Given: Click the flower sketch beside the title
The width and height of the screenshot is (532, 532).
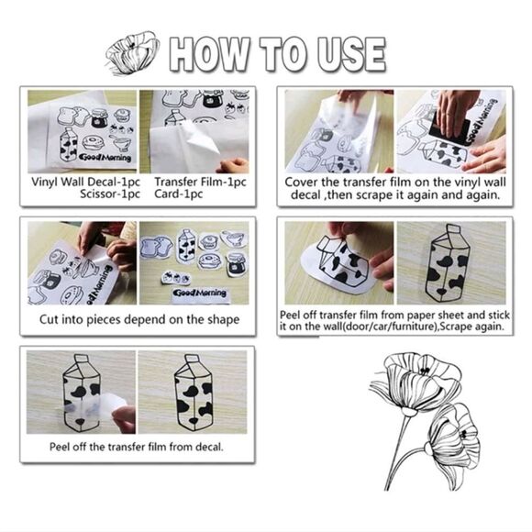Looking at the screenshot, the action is (132, 52).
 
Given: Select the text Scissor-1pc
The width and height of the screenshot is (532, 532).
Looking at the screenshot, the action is (109, 194).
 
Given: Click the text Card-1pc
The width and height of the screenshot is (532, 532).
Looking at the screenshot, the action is (179, 194).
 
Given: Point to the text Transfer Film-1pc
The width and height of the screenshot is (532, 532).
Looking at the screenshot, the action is (200, 182).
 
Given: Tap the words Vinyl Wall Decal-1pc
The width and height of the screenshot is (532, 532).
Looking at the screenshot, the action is (85, 182).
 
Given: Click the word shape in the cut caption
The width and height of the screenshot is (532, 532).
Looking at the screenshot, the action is (224, 320).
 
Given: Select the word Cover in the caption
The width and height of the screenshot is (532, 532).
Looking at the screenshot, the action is (301, 183).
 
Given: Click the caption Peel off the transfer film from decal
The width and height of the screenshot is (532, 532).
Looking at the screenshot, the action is (137, 447).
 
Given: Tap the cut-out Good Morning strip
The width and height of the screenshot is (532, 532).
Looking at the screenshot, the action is (200, 293).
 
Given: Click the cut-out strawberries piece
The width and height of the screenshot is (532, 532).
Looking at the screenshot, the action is (176, 278).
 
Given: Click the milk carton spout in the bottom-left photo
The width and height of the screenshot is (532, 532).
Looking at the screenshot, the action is (81, 359).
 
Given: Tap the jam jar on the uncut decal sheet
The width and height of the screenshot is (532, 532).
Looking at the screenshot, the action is (99, 117).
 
